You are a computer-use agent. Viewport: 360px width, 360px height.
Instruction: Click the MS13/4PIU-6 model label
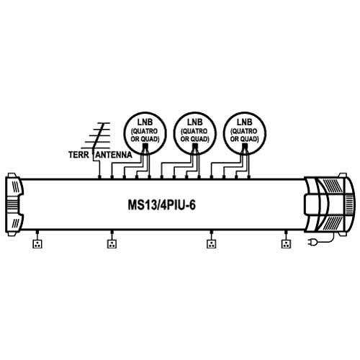pos(161,205)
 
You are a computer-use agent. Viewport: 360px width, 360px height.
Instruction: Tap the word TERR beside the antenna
pos(78,155)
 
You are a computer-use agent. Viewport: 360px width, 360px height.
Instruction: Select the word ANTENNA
pos(114,155)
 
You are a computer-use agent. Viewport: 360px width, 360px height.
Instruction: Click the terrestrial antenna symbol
pos(96,138)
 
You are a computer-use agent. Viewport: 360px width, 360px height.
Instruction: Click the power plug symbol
pos(312,242)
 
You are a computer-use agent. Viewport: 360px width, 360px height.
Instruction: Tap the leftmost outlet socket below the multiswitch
pos(37,244)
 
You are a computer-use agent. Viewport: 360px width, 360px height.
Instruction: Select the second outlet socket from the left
pos(112,244)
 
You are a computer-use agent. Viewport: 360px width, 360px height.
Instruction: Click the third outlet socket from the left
pos(211,244)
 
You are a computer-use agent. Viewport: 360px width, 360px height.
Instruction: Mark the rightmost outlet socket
pos(286,244)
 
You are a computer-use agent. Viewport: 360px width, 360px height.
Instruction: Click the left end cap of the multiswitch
pos(14,204)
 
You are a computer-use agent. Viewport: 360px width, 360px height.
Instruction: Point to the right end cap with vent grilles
pos(329,204)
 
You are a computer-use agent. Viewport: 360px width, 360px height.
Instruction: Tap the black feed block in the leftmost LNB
pos(145,146)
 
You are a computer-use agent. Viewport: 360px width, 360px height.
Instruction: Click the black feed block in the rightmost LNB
pos(245,146)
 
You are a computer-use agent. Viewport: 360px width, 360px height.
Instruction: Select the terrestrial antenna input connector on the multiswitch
pos(99,177)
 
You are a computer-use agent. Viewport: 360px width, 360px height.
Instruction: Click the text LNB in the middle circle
pos(195,122)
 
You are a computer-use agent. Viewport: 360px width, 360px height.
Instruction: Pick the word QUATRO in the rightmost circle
pos(245,131)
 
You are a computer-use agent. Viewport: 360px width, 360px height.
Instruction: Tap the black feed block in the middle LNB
pos(195,146)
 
